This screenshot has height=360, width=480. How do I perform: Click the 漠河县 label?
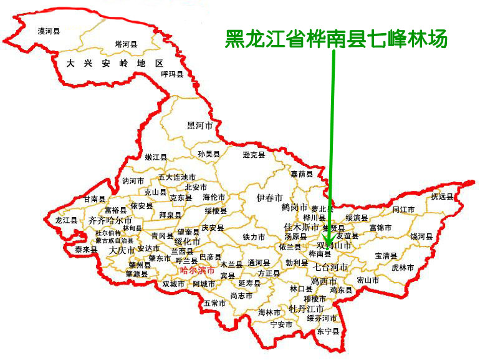pyautogui.click(x=49, y=30)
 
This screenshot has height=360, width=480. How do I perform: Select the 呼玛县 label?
pyautogui.click(x=172, y=74)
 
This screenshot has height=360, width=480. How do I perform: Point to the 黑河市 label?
pyautogui.click(x=200, y=125)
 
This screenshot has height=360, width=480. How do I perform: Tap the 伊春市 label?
pyautogui.click(x=269, y=198)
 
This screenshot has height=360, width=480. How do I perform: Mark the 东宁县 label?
pyautogui.click(x=328, y=331)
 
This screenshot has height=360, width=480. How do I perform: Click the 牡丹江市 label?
pyautogui.click(x=306, y=309)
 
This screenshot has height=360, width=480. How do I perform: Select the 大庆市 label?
pyautogui.click(x=122, y=250)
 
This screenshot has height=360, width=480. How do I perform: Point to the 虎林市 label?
pyautogui.click(x=403, y=267)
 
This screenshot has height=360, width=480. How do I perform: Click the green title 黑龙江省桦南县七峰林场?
pyautogui.click(x=336, y=39)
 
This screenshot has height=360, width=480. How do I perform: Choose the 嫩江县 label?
pyautogui.click(x=156, y=157)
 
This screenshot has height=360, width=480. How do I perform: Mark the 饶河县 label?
pyautogui.click(x=421, y=236)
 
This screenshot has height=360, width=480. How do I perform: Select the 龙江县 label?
pyautogui.click(x=66, y=220)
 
